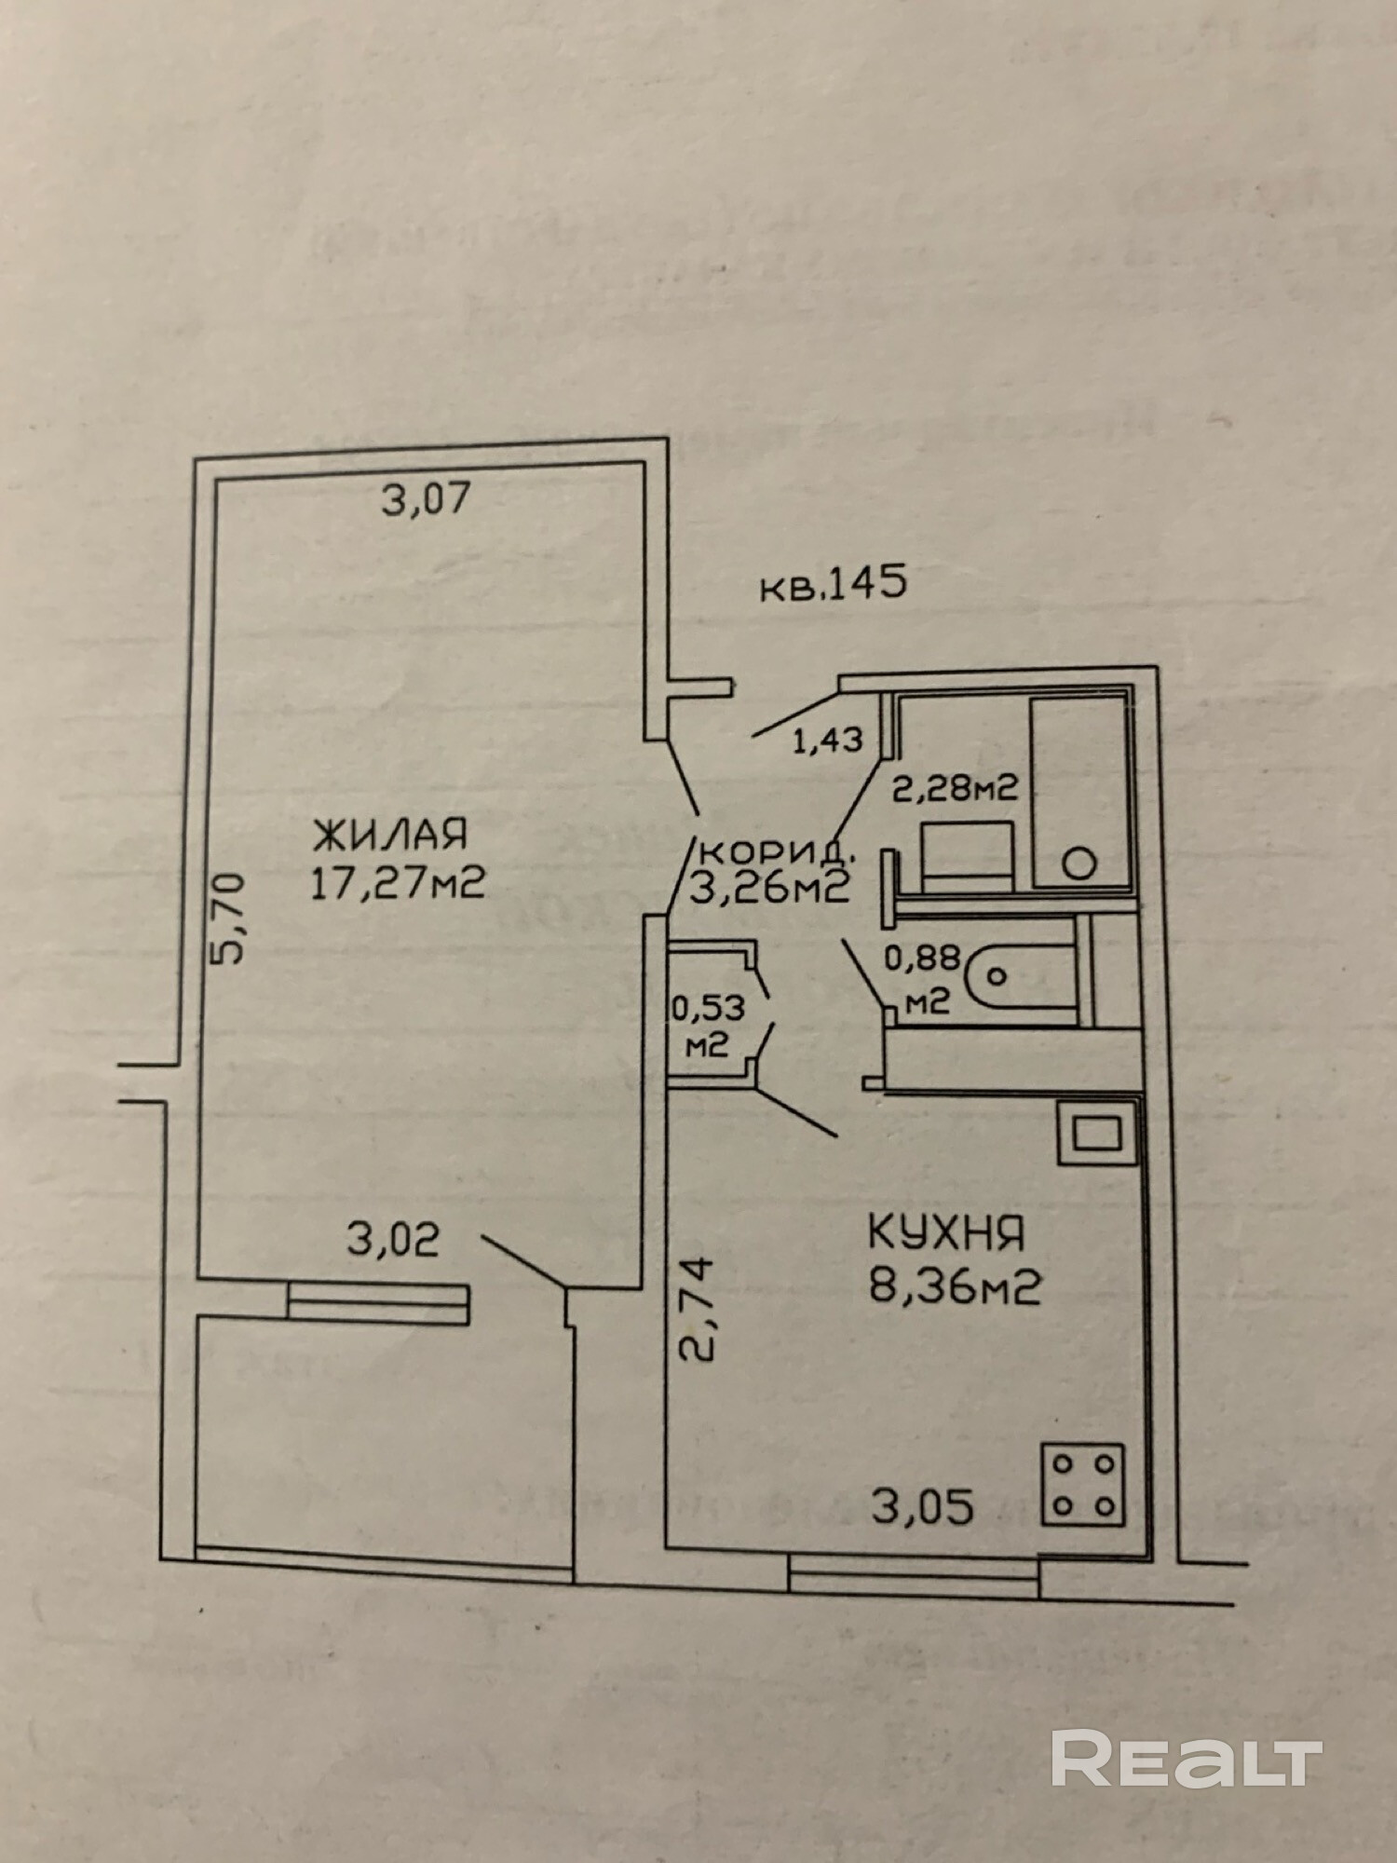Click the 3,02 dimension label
(x=392, y=1241)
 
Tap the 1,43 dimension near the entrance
(x=827, y=741)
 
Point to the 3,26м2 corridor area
(x=769, y=888)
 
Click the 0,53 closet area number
(x=707, y=1008)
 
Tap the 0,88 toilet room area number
(x=916, y=959)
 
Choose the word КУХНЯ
(x=946, y=1233)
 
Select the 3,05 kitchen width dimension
(x=922, y=1507)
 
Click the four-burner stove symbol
(x=1082, y=1485)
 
